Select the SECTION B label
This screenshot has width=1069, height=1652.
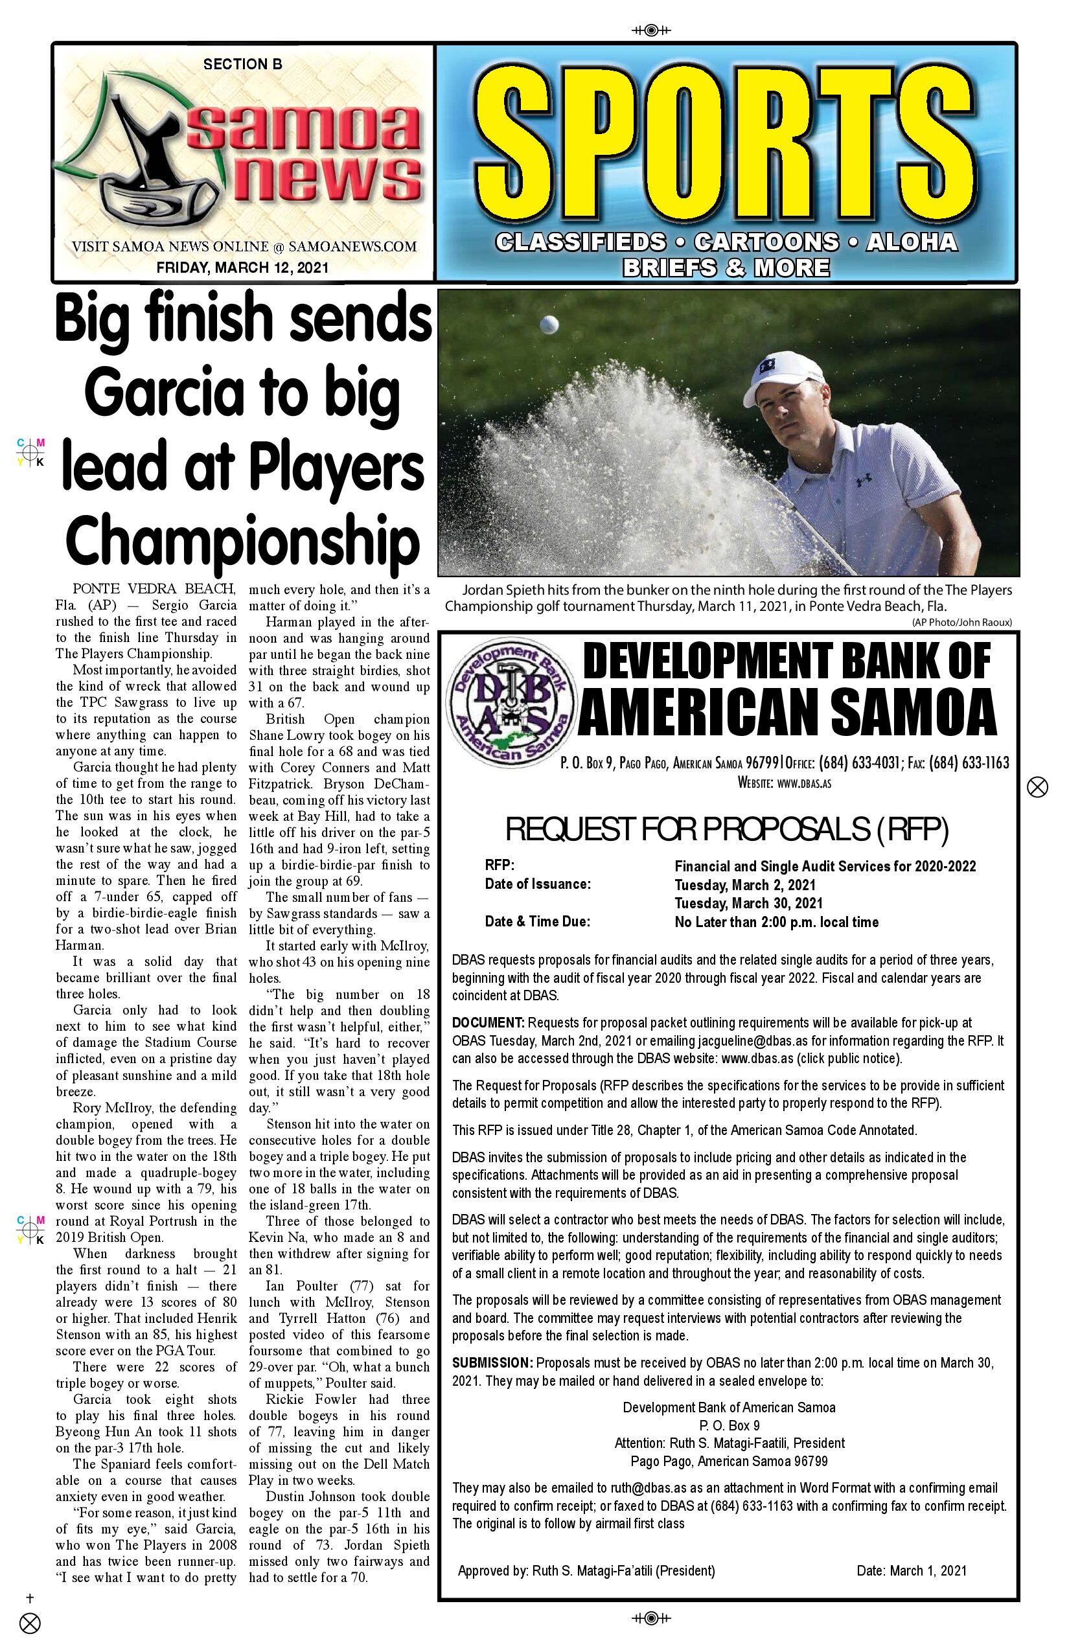tap(242, 65)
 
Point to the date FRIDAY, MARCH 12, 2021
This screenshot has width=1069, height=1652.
tap(242, 267)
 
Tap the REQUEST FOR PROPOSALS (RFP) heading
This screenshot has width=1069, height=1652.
tap(727, 829)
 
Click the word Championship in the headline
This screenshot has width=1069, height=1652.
tap(242, 541)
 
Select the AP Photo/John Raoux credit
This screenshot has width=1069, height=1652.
tap(961, 623)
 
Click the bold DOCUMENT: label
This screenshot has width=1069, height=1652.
tap(488, 1022)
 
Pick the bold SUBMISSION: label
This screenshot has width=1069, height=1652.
tap(492, 1362)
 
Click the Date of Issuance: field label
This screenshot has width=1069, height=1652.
tap(537, 884)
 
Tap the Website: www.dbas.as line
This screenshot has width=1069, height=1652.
tap(785, 783)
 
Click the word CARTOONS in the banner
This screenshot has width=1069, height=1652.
tap(766, 242)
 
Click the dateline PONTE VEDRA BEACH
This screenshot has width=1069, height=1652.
tap(154, 590)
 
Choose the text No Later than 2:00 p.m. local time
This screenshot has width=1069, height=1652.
tap(776, 923)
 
